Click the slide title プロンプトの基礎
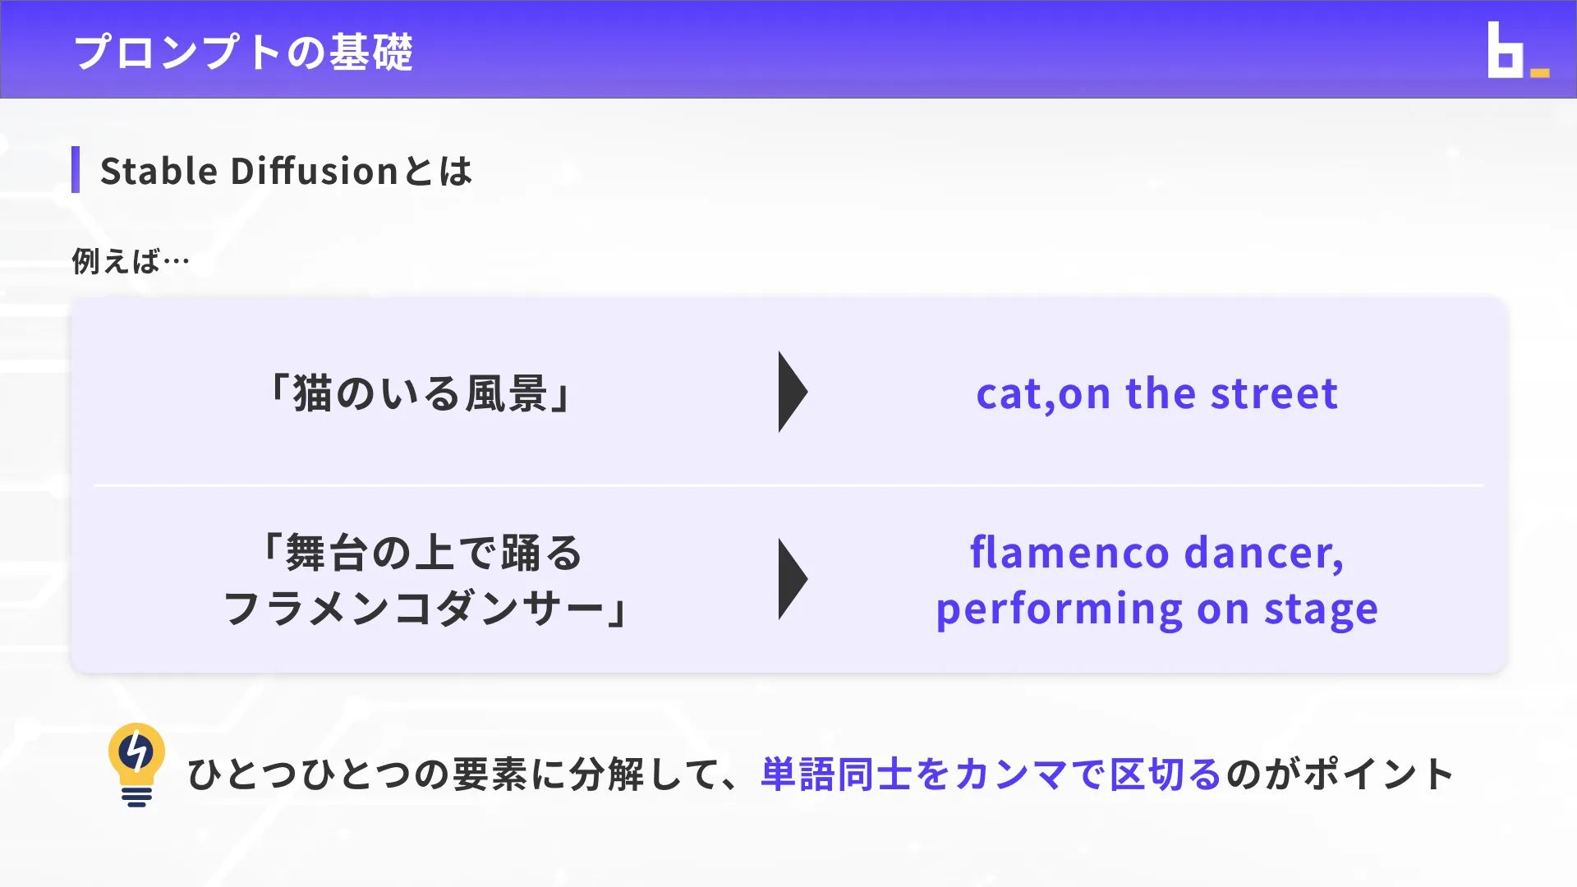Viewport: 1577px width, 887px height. coord(243,52)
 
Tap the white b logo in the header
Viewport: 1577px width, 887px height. coord(1505,52)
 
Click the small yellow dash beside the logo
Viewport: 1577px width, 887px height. coord(1540,73)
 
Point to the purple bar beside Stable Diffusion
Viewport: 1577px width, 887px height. coord(76,170)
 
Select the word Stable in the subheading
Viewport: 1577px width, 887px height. coord(159,171)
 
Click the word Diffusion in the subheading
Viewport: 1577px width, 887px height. coord(315,171)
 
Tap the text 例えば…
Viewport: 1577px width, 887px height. coord(131,261)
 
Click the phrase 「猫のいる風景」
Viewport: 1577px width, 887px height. coord(420,393)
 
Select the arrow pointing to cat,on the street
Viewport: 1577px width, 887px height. coord(792,392)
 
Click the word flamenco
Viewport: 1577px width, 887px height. coord(1069,552)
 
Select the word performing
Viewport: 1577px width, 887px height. coord(1060,609)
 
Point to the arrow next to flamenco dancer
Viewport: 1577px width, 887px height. coord(792,579)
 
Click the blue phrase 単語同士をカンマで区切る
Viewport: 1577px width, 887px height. coord(991,774)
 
